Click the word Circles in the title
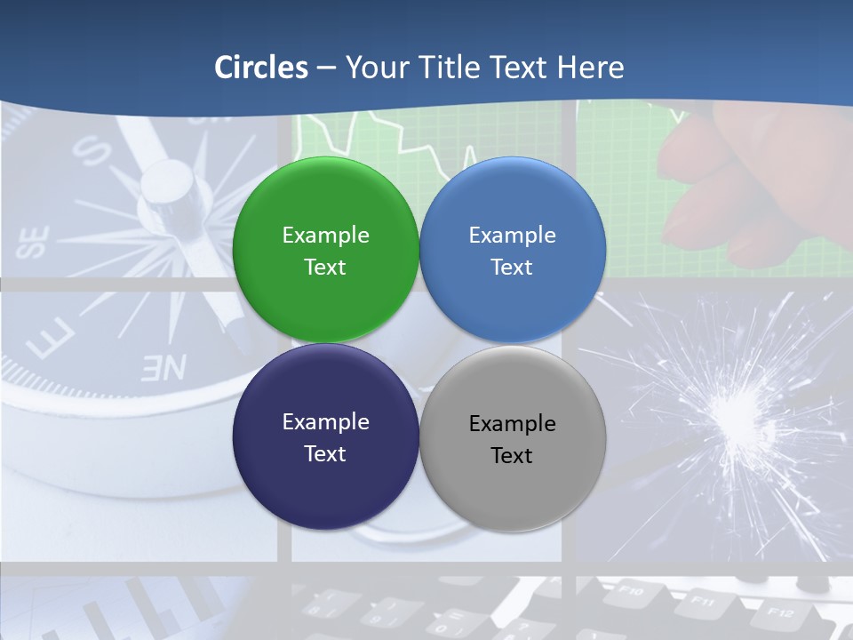tap(260, 68)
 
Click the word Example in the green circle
tap(325, 236)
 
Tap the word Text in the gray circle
tap(512, 456)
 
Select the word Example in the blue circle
tap(512, 236)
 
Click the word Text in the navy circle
tap(325, 454)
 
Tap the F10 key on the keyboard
tap(630, 588)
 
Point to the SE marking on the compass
tap(34, 243)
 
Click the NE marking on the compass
tap(164, 367)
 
